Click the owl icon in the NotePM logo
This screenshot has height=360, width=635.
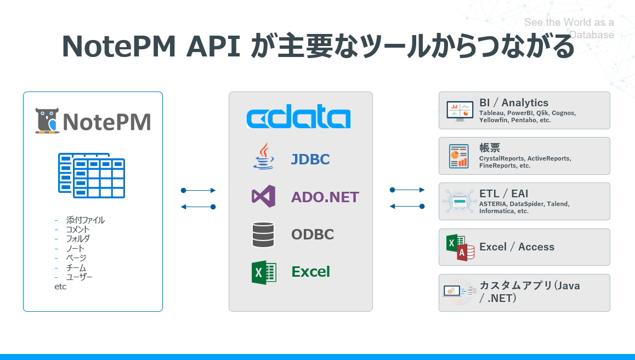pos(47,121)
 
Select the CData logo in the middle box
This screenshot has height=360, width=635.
pos(298,118)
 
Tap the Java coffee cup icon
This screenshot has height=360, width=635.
pos(264,157)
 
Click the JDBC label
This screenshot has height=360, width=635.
pos(310,159)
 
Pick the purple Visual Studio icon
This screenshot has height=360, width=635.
pos(263,197)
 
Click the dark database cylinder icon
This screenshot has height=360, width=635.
pos(263,235)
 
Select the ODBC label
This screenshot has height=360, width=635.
pos(313,235)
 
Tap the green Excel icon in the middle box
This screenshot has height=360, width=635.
pos(263,272)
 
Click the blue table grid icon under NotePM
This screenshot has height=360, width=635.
pos(92,175)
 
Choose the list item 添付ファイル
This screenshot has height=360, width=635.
pos(85,220)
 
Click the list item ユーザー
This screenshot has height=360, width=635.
pos(79,277)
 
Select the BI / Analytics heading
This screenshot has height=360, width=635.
pos(513,102)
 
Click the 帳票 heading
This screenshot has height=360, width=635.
pos(490,148)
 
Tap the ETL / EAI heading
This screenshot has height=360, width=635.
pos(503,193)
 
